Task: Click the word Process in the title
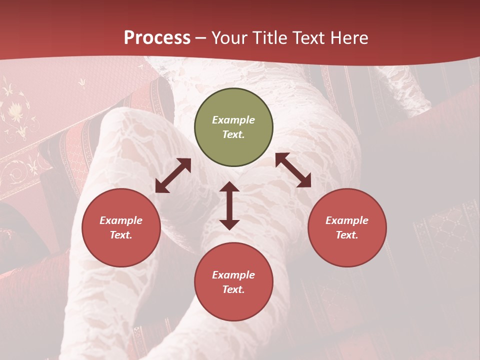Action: tap(157, 38)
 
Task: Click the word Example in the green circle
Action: tap(233, 120)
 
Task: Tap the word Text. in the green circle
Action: tap(233, 134)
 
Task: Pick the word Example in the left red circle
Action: tap(121, 220)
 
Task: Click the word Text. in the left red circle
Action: tap(121, 235)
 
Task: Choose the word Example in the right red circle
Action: tap(347, 220)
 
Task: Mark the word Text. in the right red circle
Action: tap(347, 235)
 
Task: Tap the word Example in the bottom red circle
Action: tap(233, 275)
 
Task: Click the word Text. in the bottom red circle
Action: tap(233, 289)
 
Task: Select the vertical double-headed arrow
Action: tap(229, 205)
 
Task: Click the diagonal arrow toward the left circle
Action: tap(173, 175)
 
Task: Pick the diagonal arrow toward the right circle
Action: tap(293, 170)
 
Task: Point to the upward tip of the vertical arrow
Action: tap(229, 183)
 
